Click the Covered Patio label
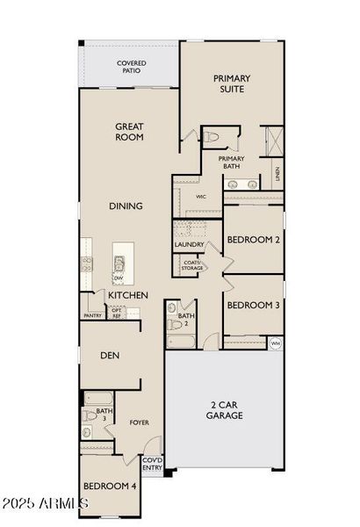(x=132, y=68)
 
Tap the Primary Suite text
(x=232, y=83)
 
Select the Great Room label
(x=130, y=132)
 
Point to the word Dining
(x=126, y=206)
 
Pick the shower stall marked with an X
(x=271, y=140)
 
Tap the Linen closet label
(x=278, y=174)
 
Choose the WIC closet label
(x=200, y=198)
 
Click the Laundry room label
(x=189, y=244)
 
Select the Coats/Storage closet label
(x=191, y=265)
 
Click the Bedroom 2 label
(x=253, y=240)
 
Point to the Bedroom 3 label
(x=253, y=306)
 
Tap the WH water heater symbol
(x=275, y=343)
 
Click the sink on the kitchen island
(x=119, y=263)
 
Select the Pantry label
(x=93, y=315)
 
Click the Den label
(x=110, y=356)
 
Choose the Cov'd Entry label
(x=152, y=464)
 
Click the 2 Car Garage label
(x=226, y=410)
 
